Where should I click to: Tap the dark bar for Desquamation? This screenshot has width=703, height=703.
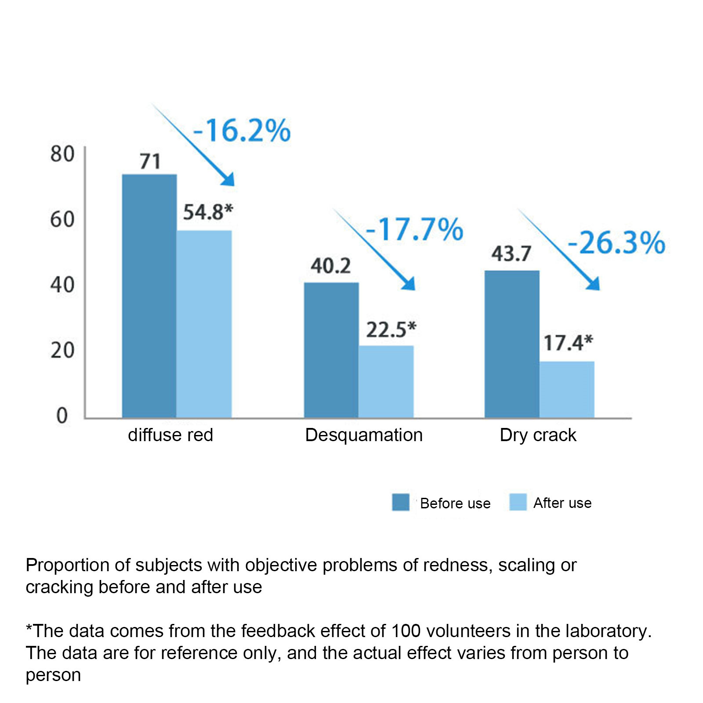331,350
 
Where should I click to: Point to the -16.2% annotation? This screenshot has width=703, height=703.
242,130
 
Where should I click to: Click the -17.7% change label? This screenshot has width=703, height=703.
414,229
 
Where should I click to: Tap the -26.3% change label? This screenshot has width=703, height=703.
616,243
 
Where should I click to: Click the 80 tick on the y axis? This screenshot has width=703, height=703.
62,154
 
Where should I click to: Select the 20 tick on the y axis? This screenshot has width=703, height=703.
62,350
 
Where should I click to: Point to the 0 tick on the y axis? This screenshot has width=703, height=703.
62,416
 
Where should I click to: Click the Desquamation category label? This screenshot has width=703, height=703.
364,435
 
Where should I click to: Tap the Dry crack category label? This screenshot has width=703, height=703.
538,435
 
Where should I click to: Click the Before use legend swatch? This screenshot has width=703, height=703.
400,502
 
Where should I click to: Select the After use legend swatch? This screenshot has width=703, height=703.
518,502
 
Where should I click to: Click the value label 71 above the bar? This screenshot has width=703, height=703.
150,162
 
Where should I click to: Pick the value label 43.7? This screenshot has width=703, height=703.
511,254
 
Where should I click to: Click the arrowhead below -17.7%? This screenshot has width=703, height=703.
409,284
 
